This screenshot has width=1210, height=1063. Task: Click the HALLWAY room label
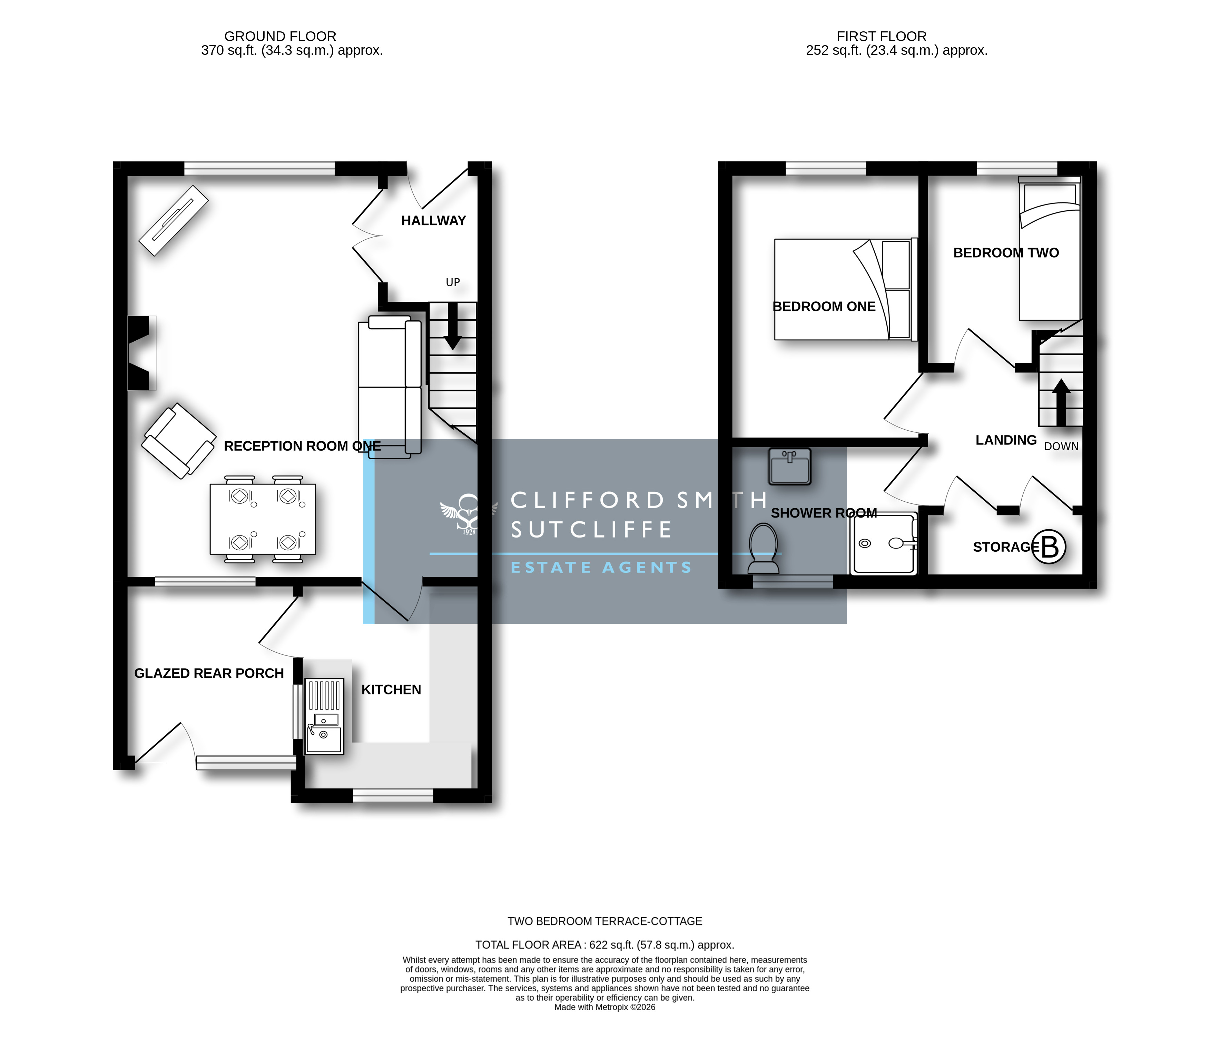point(433,221)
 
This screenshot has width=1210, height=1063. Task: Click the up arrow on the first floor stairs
point(1061,402)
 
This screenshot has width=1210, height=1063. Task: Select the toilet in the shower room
point(763,548)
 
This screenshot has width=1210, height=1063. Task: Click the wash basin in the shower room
point(790,466)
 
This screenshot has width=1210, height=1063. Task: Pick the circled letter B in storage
point(1049,546)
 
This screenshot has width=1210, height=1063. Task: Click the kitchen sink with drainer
point(324,716)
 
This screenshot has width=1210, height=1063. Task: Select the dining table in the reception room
point(263,519)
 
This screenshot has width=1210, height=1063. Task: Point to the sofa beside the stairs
point(390,387)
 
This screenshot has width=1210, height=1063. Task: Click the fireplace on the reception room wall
point(141,353)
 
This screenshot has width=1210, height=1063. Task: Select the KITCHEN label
point(391,690)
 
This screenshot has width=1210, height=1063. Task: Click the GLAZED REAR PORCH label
point(209,673)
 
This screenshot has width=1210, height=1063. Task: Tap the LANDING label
point(1006,440)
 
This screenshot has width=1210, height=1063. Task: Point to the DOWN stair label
point(1061,447)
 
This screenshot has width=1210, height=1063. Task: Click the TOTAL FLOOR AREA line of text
point(604,945)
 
